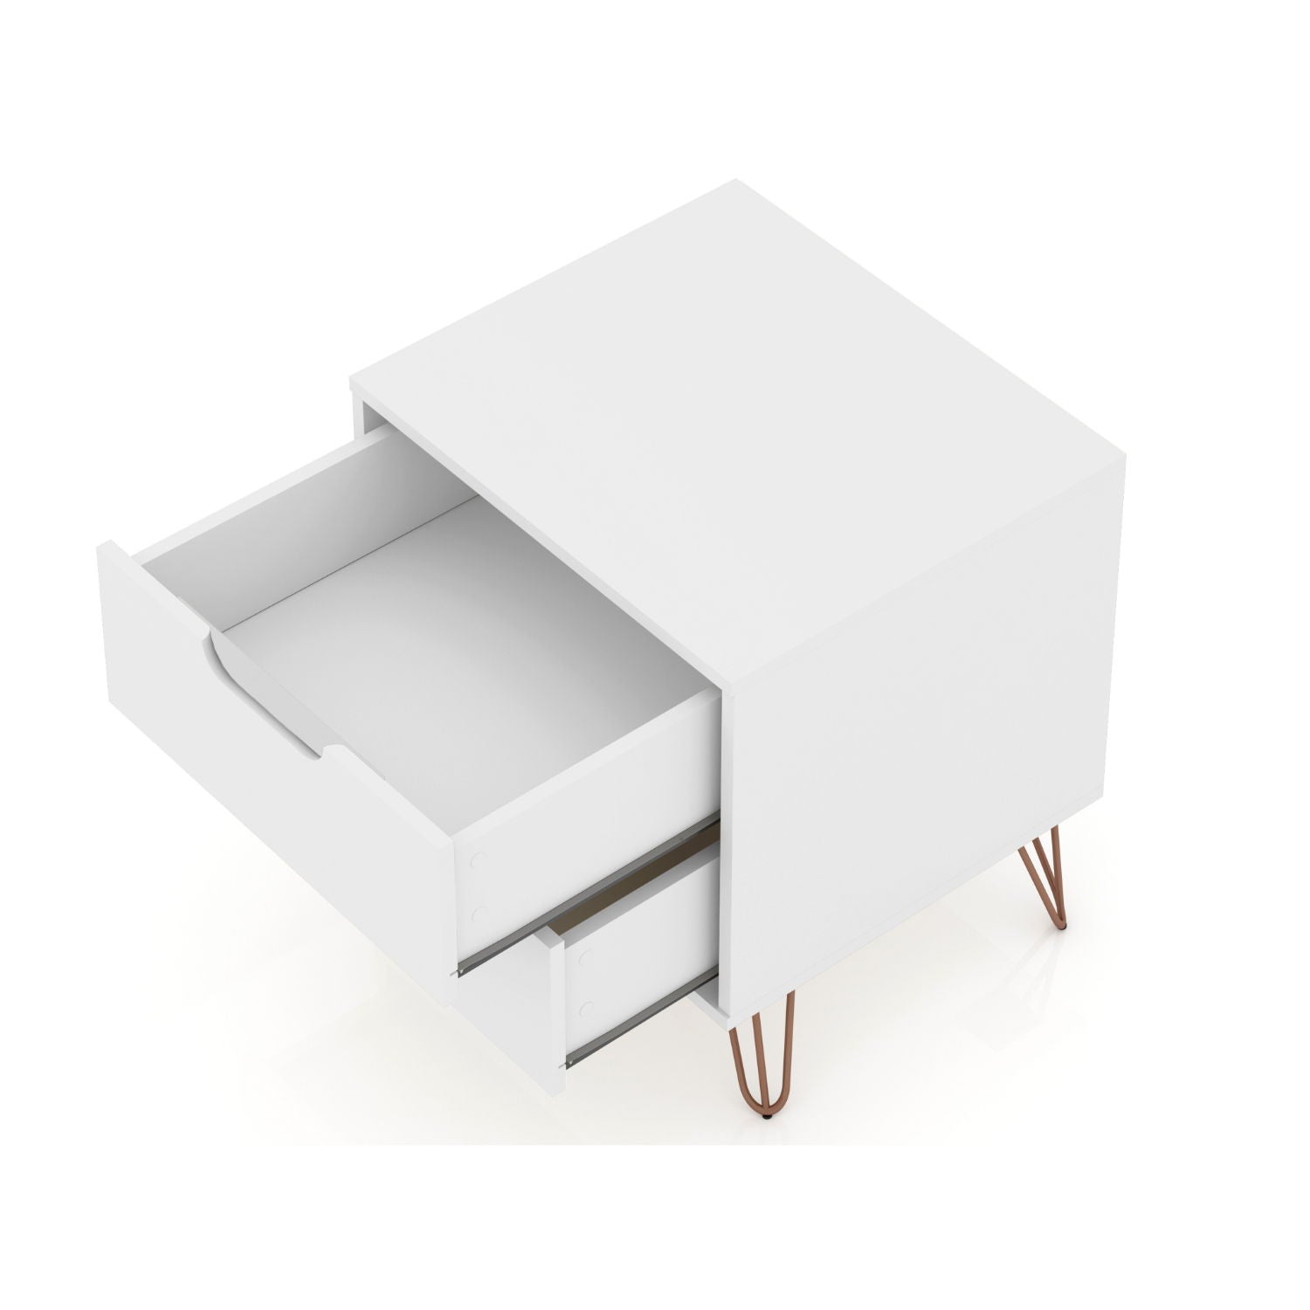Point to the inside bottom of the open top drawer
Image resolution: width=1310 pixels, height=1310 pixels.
pos(454,646)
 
